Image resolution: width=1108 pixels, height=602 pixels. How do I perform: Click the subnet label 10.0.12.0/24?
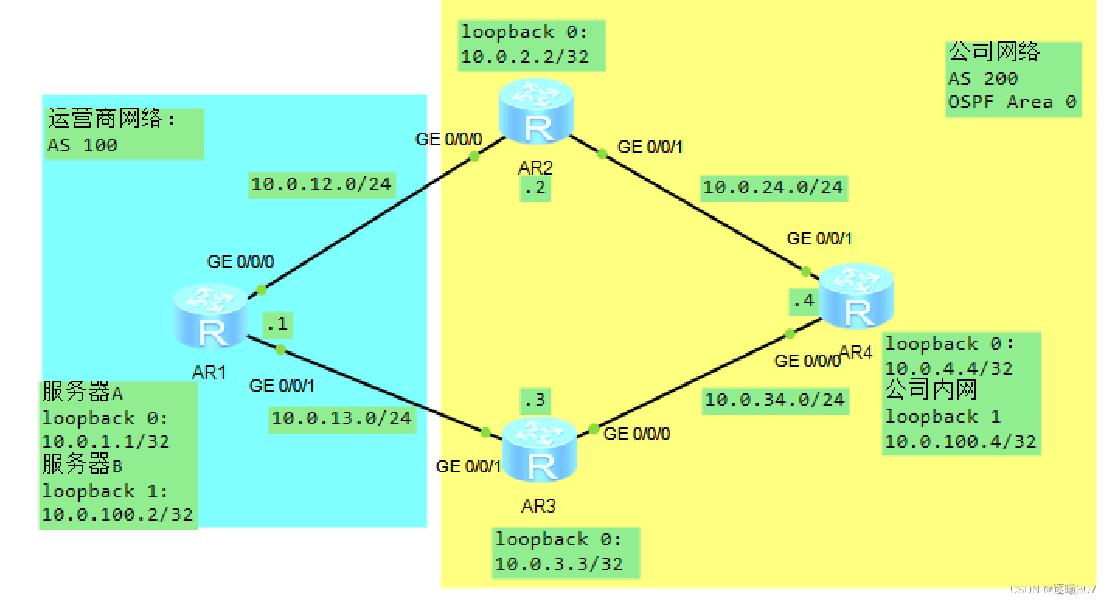[x=321, y=185]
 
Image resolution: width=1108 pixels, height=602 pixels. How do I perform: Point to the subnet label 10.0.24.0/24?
[x=773, y=187]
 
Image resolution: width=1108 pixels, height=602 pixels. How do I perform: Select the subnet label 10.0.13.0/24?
[x=342, y=418]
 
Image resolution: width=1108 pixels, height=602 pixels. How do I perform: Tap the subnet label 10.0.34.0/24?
[x=774, y=400]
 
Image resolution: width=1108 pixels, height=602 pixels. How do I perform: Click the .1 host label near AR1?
[x=277, y=325]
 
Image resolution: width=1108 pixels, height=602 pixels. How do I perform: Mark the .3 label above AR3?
[x=535, y=401]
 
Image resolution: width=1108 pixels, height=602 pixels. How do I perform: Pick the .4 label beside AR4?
[x=804, y=301]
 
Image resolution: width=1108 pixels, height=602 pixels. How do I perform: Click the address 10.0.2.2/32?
[x=525, y=57]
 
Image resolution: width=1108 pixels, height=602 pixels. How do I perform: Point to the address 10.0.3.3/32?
[x=559, y=564]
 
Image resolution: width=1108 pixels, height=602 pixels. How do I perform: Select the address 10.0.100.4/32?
[x=960, y=441]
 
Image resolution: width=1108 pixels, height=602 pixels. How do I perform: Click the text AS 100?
[x=82, y=145]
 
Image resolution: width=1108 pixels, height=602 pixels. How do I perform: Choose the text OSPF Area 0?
[x=1012, y=102]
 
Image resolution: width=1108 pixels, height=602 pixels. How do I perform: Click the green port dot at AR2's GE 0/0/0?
[x=474, y=156]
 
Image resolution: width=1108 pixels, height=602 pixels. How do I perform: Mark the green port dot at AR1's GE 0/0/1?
[x=280, y=350]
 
